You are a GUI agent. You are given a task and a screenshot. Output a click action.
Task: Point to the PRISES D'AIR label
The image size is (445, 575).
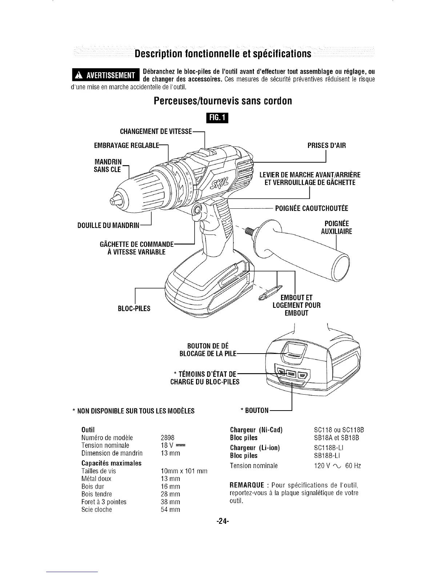326,146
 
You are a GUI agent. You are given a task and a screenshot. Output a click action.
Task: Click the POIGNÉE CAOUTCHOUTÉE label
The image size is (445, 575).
312,208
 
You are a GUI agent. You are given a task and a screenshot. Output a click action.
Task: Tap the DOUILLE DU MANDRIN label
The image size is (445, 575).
108,226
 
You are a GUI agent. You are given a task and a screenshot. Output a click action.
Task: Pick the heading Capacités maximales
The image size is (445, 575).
111,463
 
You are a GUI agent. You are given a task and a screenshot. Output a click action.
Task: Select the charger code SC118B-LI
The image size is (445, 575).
328,448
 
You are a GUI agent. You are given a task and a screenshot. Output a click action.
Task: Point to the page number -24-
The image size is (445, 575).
222,521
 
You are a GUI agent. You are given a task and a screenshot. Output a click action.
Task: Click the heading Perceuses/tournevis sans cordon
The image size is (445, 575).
222,101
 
